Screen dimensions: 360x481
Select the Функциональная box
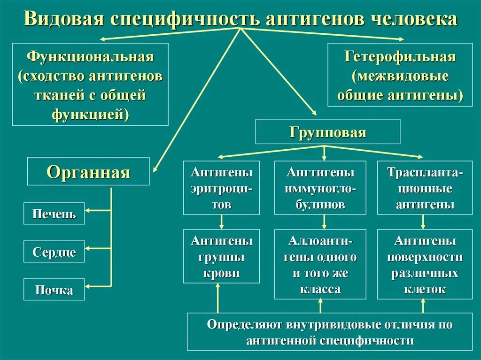click(x=90, y=84)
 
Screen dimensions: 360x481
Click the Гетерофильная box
click(x=400, y=75)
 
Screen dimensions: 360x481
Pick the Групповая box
click(x=327, y=131)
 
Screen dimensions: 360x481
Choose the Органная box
click(x=88, y=172)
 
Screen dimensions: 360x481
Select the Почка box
click(x=54, y=290)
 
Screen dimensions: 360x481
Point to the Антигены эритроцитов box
click(x=221, y=188)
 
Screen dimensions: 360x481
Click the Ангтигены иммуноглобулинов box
click(x=320, y=188)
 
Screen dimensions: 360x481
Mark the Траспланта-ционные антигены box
click(x=425, y=188)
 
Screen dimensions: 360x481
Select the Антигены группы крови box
click(x=221, y=256)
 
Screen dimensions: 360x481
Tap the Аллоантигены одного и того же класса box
click(x=320, y=264)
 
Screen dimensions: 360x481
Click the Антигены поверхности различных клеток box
click(x=425, y=264)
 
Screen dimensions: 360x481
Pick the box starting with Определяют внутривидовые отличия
click(x=330, y=331)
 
